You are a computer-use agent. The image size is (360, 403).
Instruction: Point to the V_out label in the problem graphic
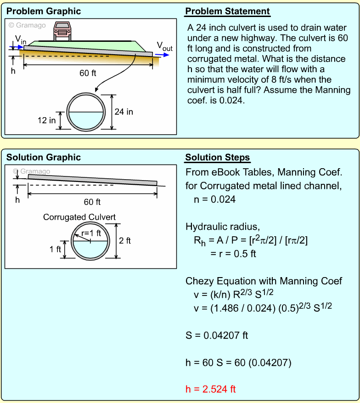click(164, 46)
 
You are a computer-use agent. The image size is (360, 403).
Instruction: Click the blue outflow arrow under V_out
click(162, 54)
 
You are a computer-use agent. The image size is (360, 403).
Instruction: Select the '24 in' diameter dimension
click(124, 112)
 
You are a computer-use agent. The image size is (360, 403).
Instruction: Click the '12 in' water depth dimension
click(47, 120)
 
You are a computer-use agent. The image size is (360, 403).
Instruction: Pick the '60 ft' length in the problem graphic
click(88, 73)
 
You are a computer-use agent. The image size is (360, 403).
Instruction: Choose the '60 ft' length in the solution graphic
click(92, 202)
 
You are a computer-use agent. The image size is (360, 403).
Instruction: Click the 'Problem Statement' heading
click(227, 11)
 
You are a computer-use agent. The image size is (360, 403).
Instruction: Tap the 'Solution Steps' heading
click(218, 158)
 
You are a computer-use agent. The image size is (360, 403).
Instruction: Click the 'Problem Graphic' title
click(44, 11)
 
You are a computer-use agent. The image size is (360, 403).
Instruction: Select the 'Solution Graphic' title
click(44, 158)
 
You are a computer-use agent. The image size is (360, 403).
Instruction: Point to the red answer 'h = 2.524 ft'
click(210, 389)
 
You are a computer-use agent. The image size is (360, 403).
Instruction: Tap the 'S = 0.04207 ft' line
click(217, 335)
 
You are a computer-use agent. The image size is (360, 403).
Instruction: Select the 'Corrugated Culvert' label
click(79, 217)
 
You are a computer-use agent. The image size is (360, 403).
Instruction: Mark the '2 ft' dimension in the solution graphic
click(125, 240)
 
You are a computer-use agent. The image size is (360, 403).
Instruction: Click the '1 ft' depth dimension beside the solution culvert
click(56, 250)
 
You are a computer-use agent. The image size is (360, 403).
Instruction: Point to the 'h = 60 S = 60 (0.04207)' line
click(238, 362)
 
